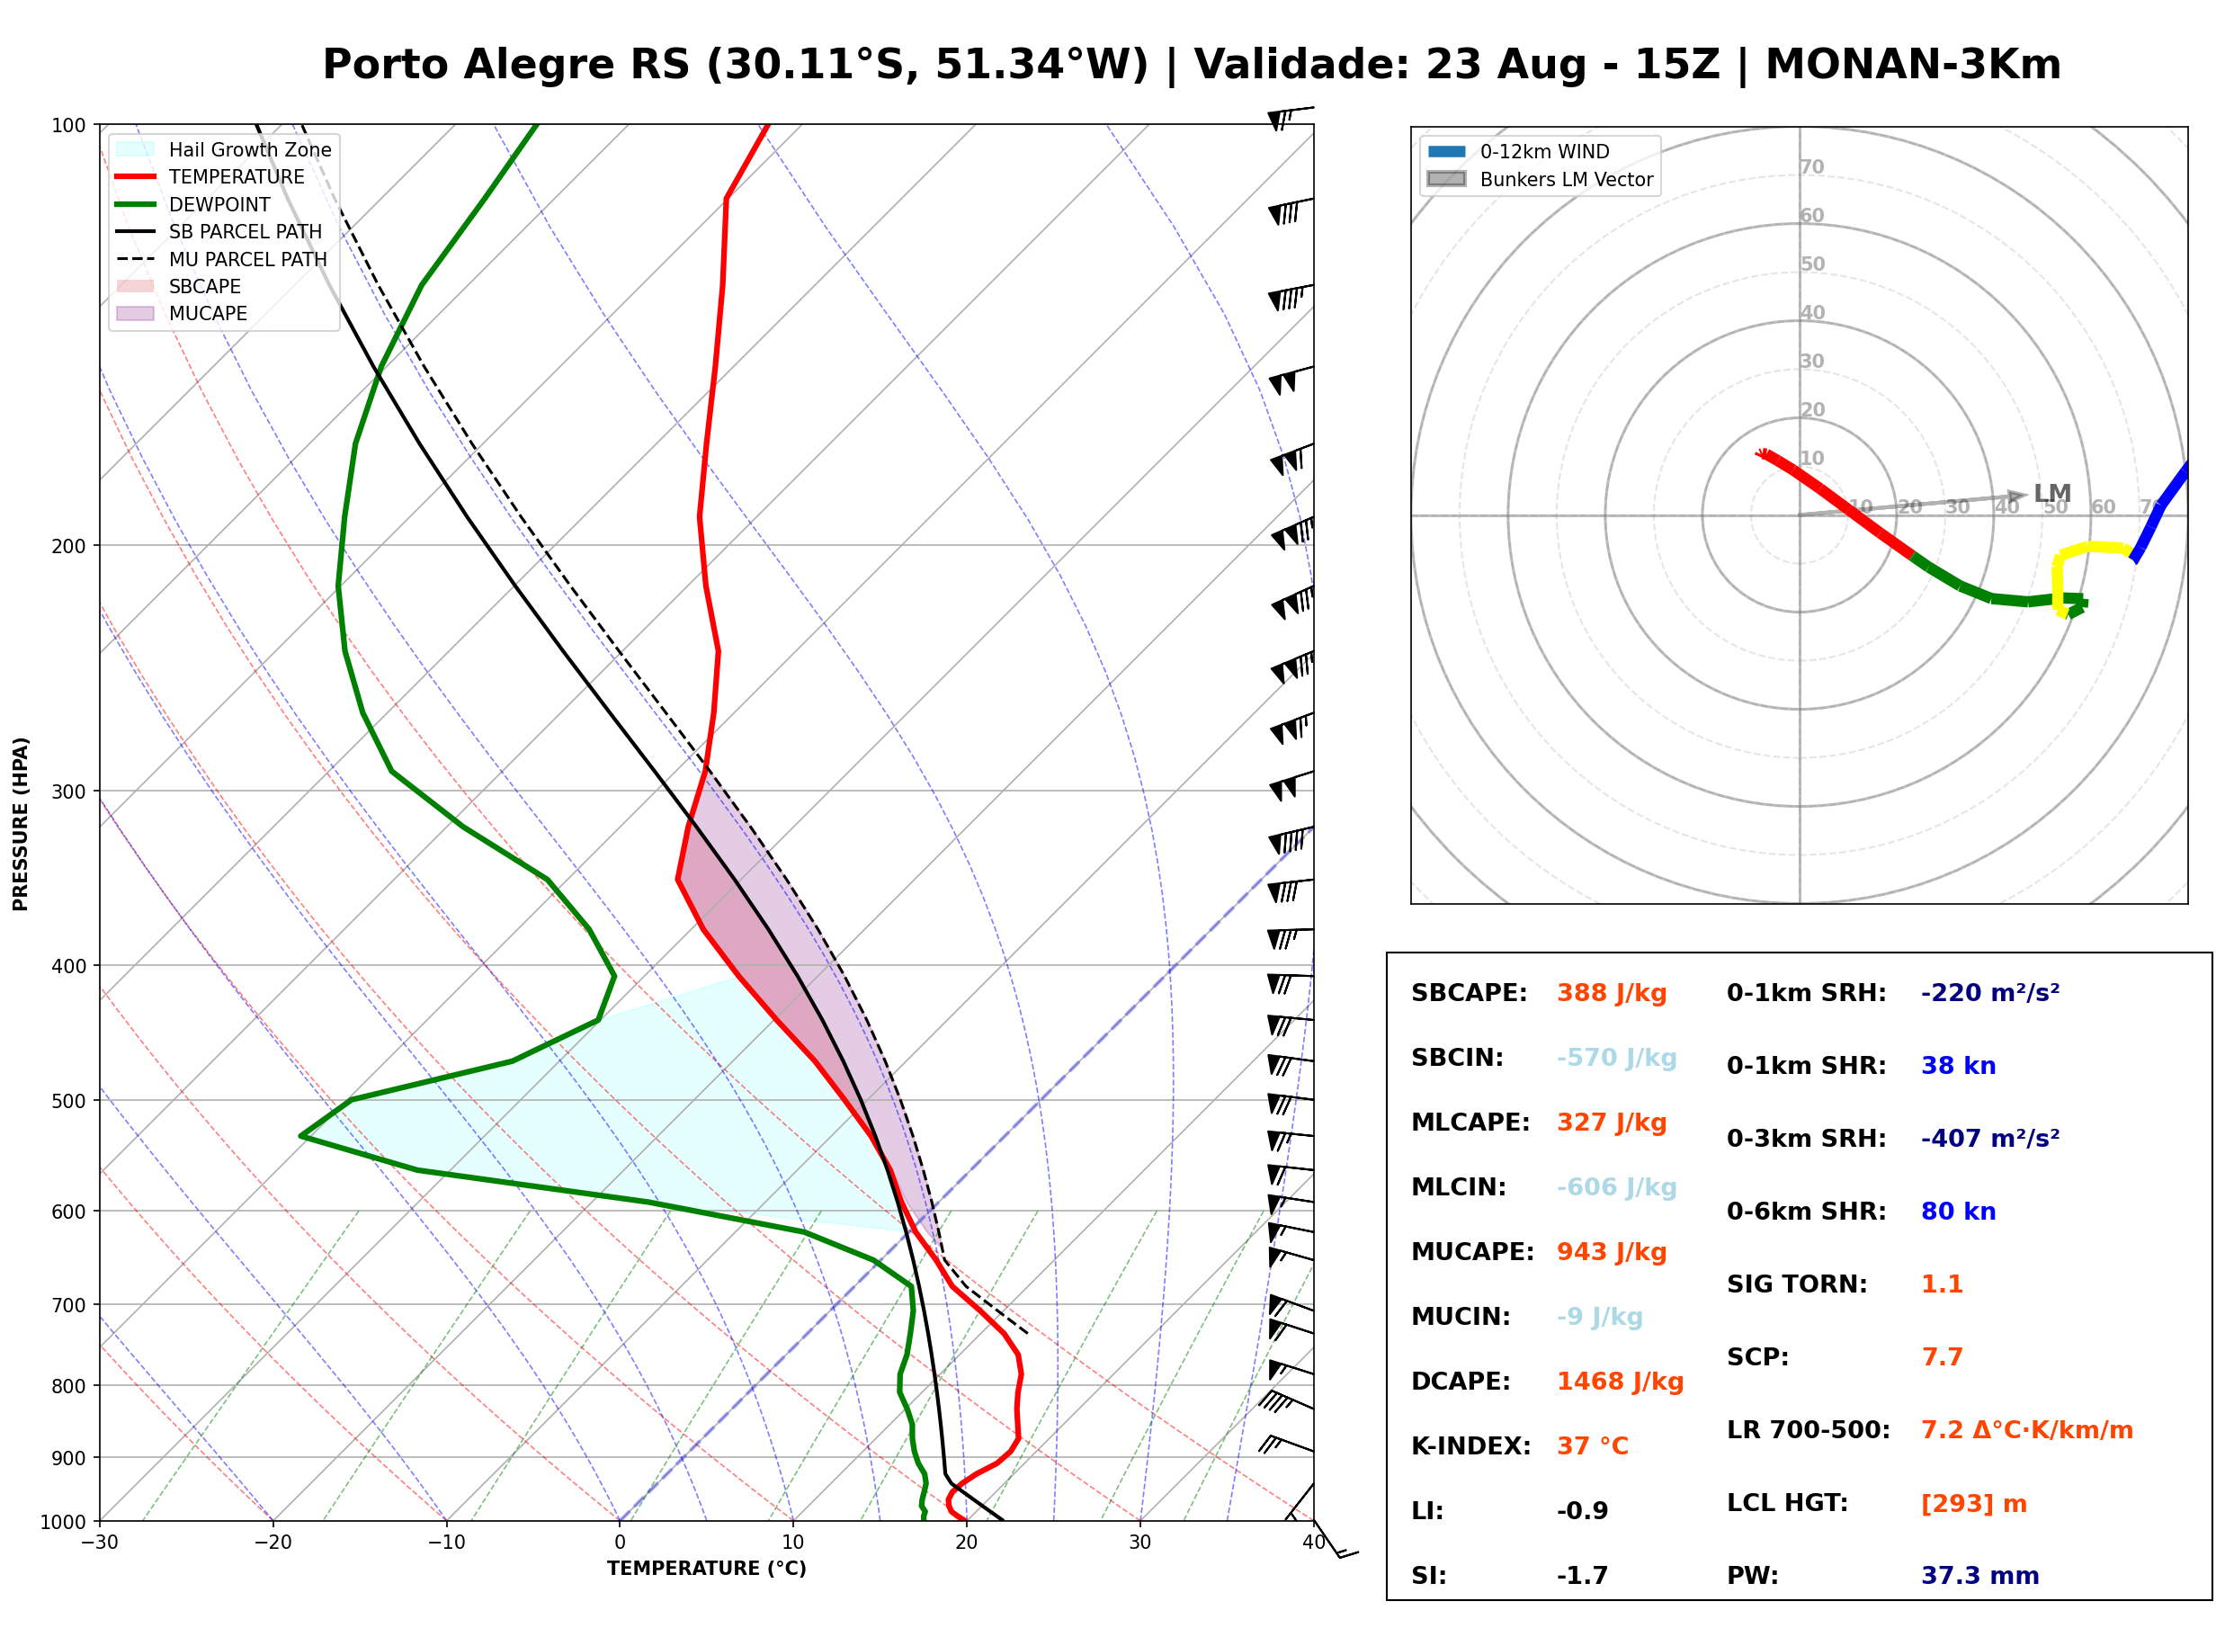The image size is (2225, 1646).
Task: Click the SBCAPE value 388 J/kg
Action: pos(1612,993)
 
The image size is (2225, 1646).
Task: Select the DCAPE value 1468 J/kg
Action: pos(1621,1382)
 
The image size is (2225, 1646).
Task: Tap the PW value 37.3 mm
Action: pos(1980,1576)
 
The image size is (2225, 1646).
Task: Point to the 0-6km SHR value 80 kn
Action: pos(1958,1212)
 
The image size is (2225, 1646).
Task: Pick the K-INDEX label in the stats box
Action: pos(1471,1446)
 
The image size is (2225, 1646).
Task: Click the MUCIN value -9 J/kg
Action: pos(1600,1317)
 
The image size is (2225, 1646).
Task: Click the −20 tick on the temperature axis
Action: pos(272,1543)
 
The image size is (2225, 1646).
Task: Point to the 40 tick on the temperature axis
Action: pos(1314,1543)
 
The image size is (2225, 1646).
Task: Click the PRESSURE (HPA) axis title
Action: pos(21,824)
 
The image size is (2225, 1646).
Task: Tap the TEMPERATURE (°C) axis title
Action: pos(707,1569)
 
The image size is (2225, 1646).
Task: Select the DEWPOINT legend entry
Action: pos(193,204)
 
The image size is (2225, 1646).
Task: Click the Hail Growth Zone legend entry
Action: pos(224,149)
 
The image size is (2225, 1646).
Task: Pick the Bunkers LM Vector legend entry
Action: pos(1540,179)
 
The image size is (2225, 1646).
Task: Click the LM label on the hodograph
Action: pos(2052,493)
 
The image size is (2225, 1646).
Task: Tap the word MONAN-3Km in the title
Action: pos(1913,65)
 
